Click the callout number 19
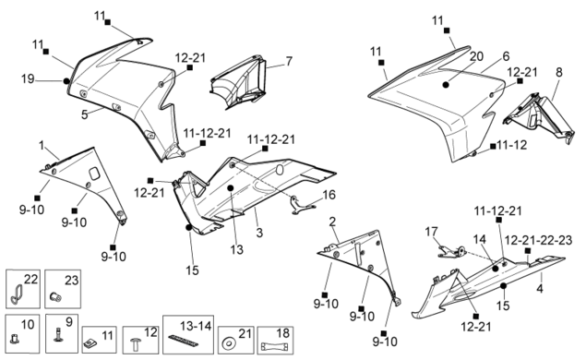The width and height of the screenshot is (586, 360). point(28,78)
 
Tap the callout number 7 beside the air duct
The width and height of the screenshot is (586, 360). point(289,61)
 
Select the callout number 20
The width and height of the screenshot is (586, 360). point(476,56)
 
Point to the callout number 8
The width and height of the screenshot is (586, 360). point(558,72)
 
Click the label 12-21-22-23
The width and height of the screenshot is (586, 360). point(538,240)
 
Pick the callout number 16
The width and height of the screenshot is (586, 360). point(329,195)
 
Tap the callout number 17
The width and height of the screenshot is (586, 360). point(431,232)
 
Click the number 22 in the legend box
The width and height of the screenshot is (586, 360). point(31,279)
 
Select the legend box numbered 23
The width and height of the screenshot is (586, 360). point(63,289)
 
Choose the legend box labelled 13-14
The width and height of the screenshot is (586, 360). point(188,334)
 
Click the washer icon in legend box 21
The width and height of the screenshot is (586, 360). point(227,344)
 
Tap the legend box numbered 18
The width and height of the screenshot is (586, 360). point(275,341)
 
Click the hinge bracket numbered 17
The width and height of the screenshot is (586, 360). point(451,252)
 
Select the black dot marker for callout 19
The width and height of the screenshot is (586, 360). point(66,80)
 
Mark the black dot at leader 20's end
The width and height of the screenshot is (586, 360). point(446,85)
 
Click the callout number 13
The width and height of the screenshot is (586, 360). point(236,249)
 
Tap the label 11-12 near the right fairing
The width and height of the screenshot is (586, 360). point(512,145)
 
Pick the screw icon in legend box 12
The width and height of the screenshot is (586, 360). point(136,344)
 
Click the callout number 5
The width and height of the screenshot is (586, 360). point(85,114)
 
